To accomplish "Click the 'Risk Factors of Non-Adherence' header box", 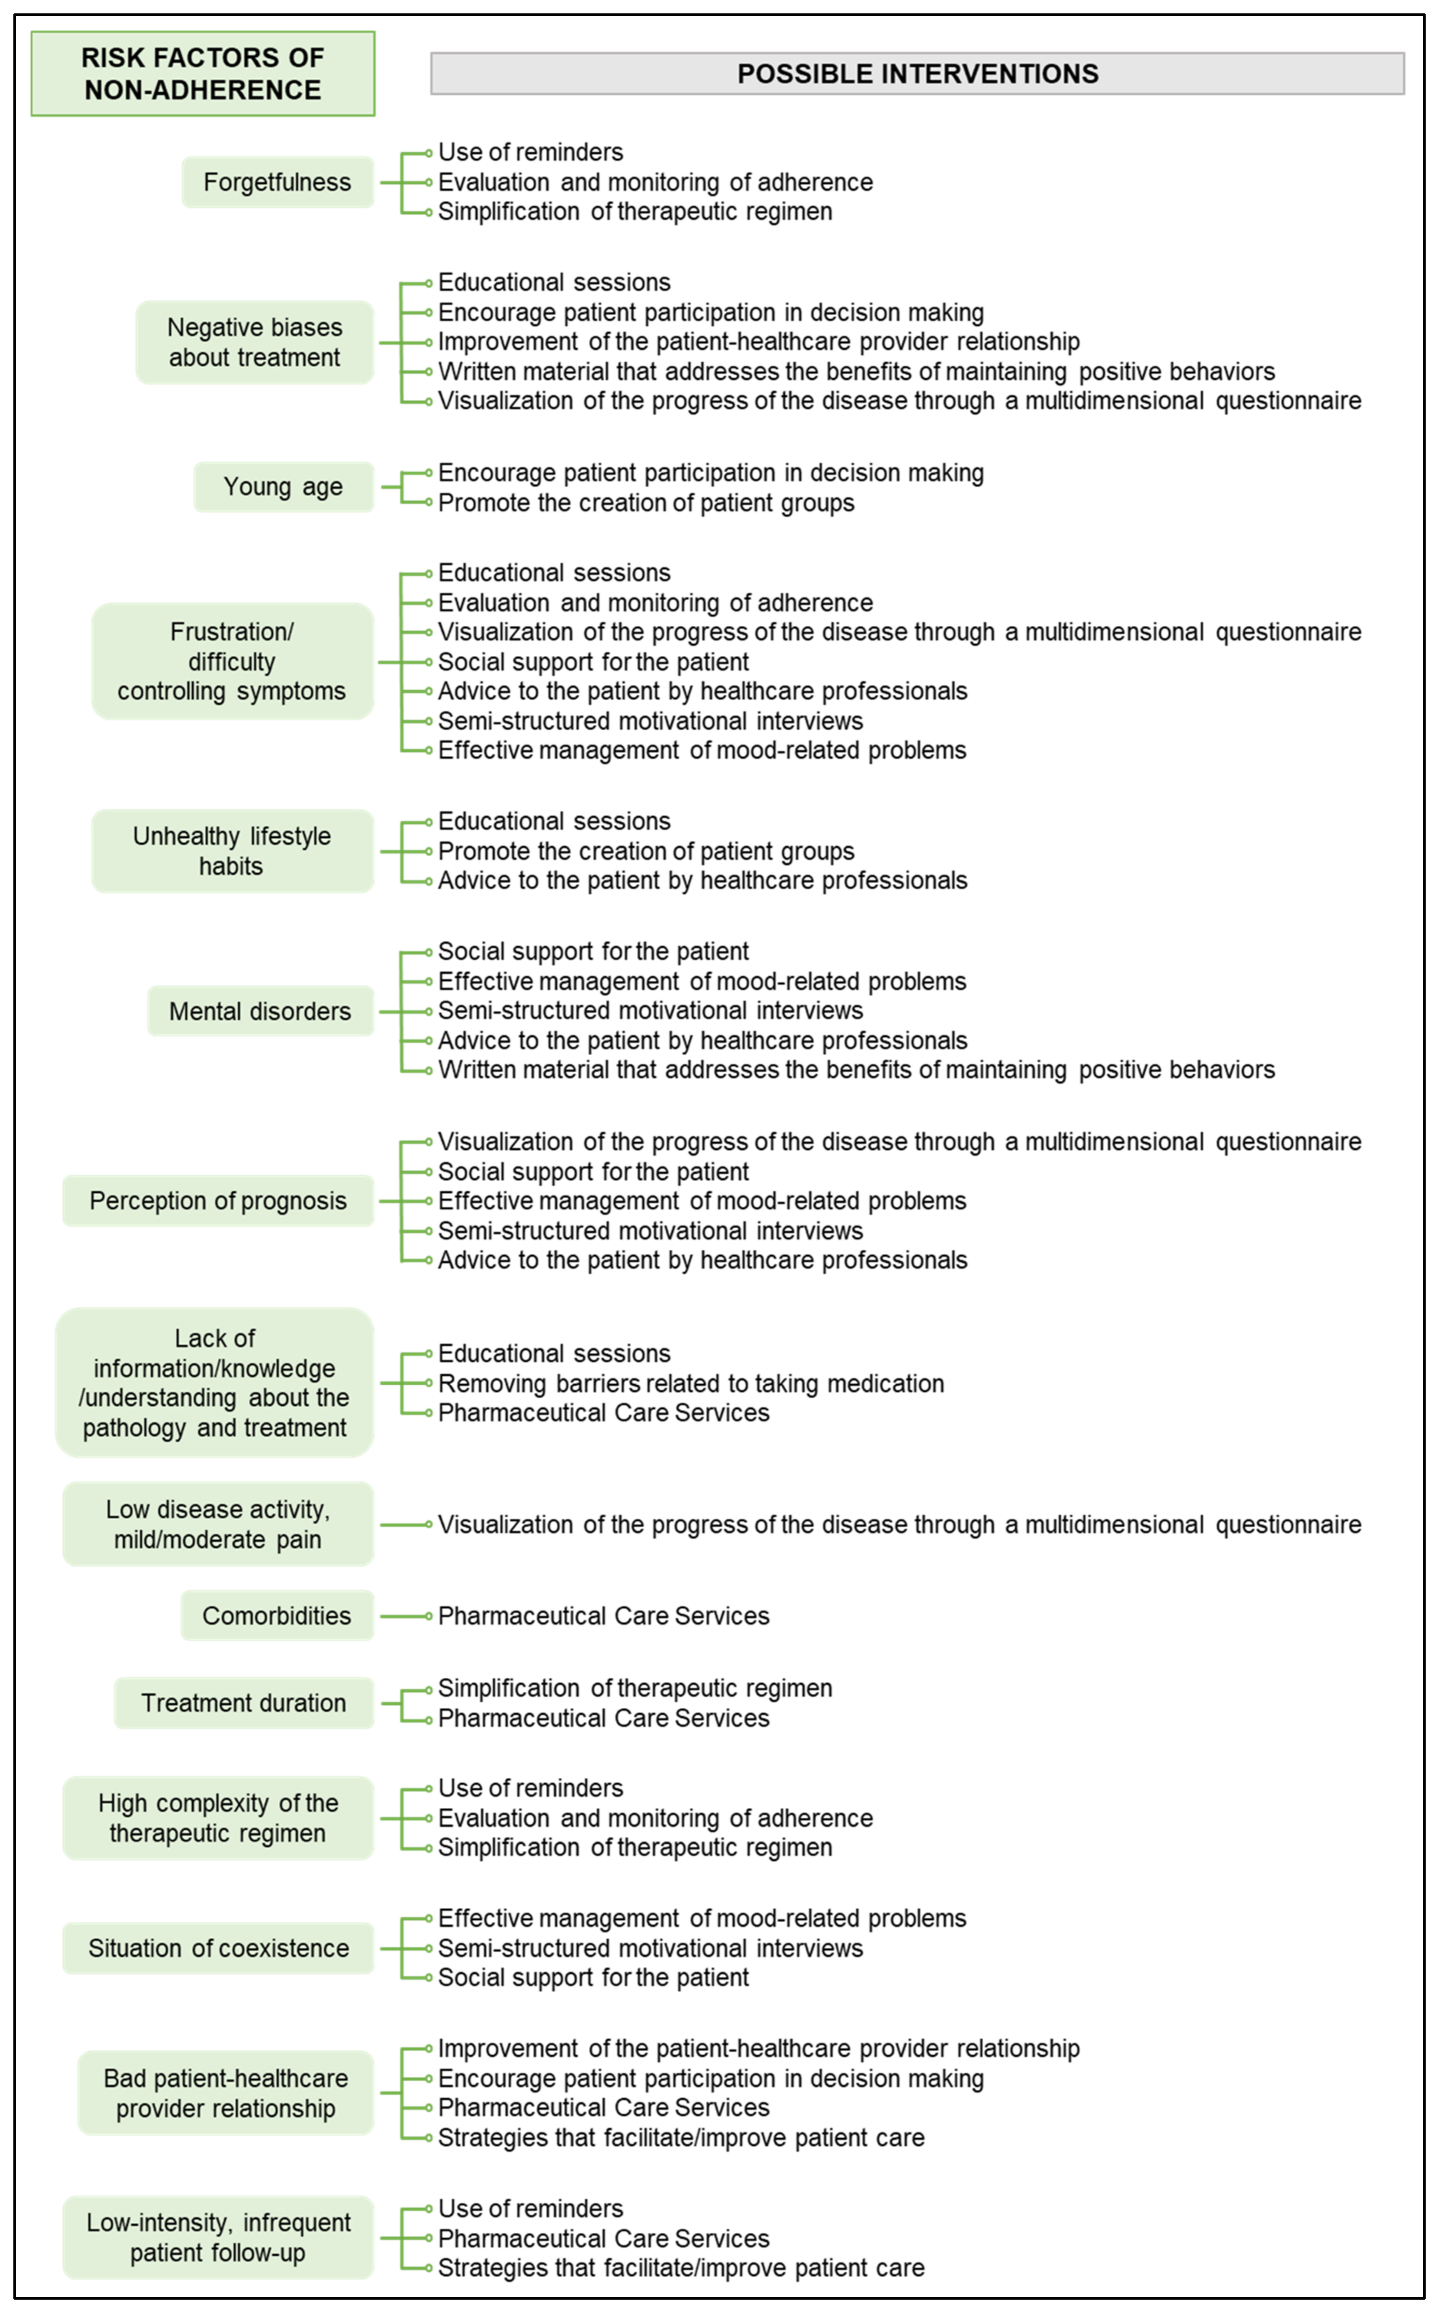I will tap(203, 73).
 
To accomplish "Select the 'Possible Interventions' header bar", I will tap(917, 73).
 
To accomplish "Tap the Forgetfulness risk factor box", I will tap(277, 182).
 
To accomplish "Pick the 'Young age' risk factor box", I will tap(283, 487).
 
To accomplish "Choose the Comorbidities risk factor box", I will tap(277, 1615).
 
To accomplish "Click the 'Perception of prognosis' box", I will tap(218, 1201).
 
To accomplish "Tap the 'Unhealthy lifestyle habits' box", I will tap(232, 851).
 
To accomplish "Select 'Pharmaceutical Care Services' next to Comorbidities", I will tap(603, 1615).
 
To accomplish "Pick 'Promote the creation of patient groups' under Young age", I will tap(646, 503).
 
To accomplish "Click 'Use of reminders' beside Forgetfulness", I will tap(530, 152).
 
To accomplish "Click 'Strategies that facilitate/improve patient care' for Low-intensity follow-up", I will tap(681, 2267).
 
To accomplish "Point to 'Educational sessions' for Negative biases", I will tap(554, 282).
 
